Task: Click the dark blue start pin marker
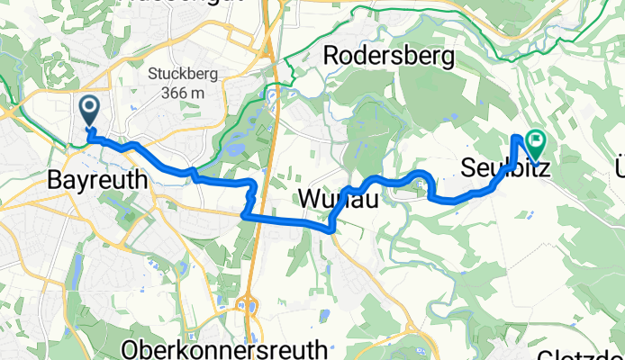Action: [91, 111]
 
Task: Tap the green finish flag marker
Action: [538, 140]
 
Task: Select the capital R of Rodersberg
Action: [331, 56]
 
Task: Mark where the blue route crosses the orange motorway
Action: [258, 216]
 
